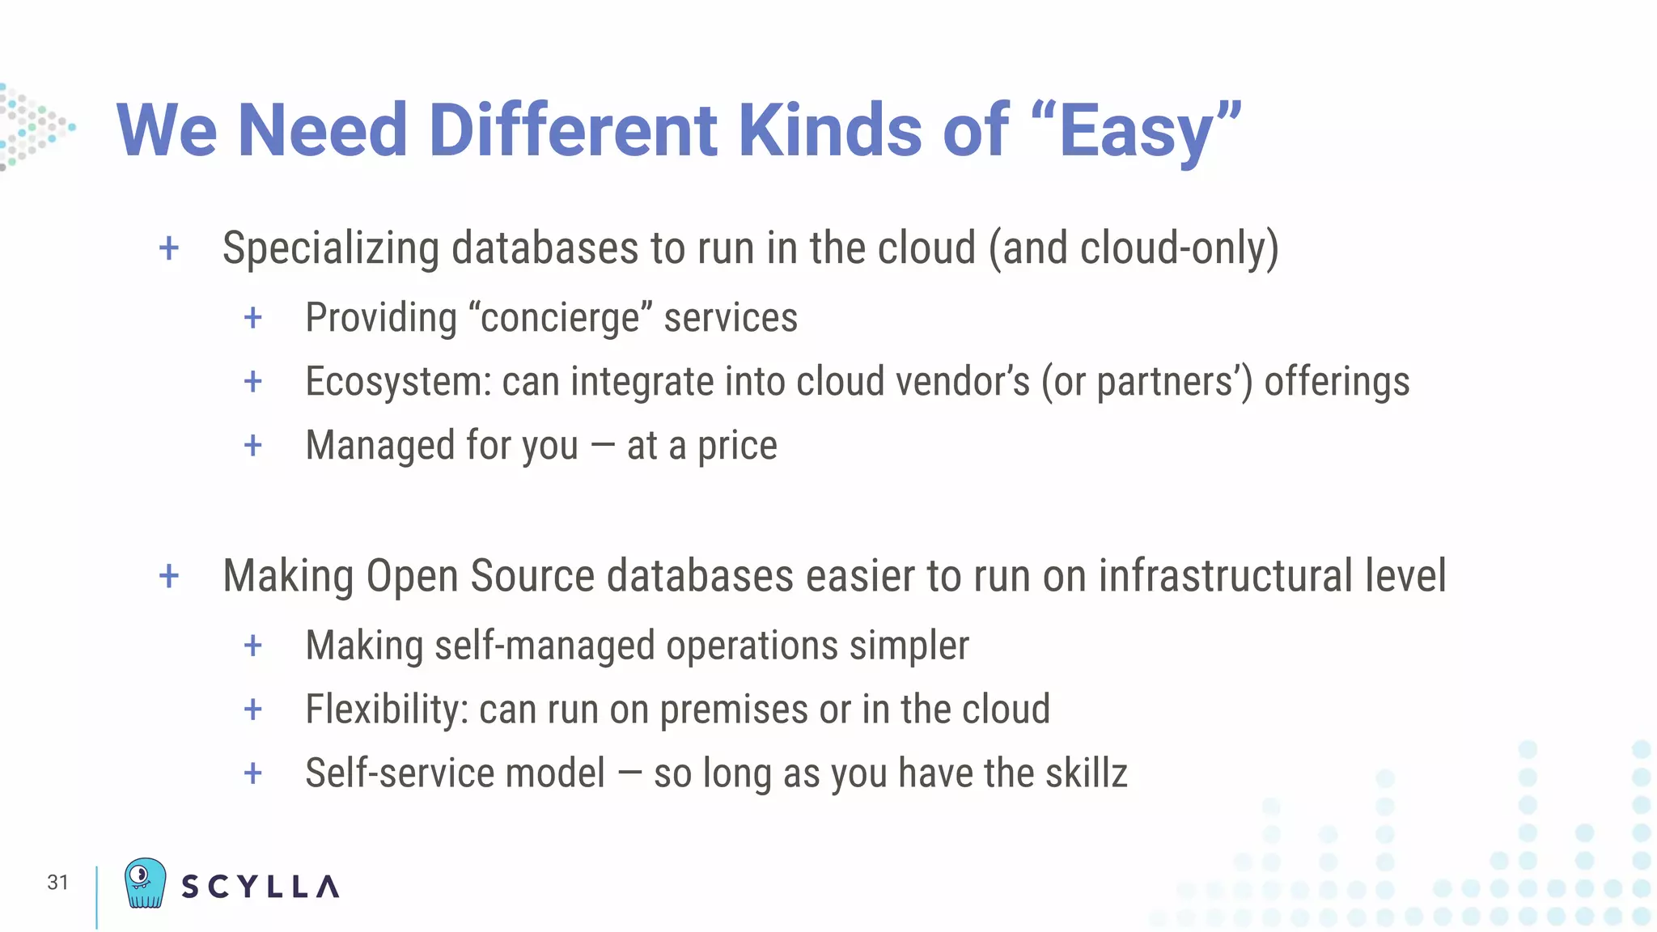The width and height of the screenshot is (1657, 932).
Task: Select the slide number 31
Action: coord(57,882)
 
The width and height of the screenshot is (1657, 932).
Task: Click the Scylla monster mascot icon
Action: coord(145,883)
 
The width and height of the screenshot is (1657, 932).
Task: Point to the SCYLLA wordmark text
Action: coord(260,887)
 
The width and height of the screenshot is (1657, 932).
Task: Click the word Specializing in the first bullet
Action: coord(330,248)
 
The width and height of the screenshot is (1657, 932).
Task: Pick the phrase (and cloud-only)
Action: coord(1134,248)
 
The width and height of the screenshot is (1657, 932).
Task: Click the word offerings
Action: coord(1337,382)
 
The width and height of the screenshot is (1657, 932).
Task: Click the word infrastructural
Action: coord(1225,576)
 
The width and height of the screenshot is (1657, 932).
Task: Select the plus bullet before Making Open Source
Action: coord(169,577)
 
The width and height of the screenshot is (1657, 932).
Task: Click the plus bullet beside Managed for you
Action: coord(253,446)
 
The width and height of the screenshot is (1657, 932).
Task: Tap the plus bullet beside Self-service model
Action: coord(253,773)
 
